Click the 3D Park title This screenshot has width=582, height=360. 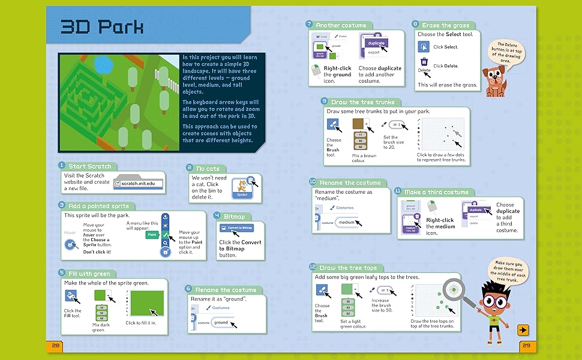101,28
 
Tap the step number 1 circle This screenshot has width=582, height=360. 61,166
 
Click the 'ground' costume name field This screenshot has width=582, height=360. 221,322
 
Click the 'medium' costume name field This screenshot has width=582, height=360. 346,222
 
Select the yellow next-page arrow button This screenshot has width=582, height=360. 523,329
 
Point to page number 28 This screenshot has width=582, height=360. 56,346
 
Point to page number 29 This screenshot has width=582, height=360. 526,346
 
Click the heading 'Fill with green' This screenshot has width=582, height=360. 89,273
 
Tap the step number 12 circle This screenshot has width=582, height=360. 312,267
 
